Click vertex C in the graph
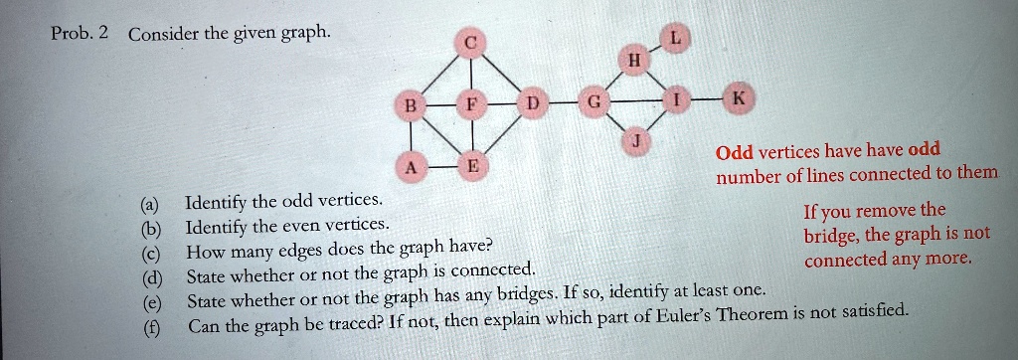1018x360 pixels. (471, 42)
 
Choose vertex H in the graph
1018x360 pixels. (633, 61)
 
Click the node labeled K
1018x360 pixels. (739, 99)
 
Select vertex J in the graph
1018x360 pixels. (633, 143)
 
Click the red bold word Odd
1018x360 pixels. (736, 152)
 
